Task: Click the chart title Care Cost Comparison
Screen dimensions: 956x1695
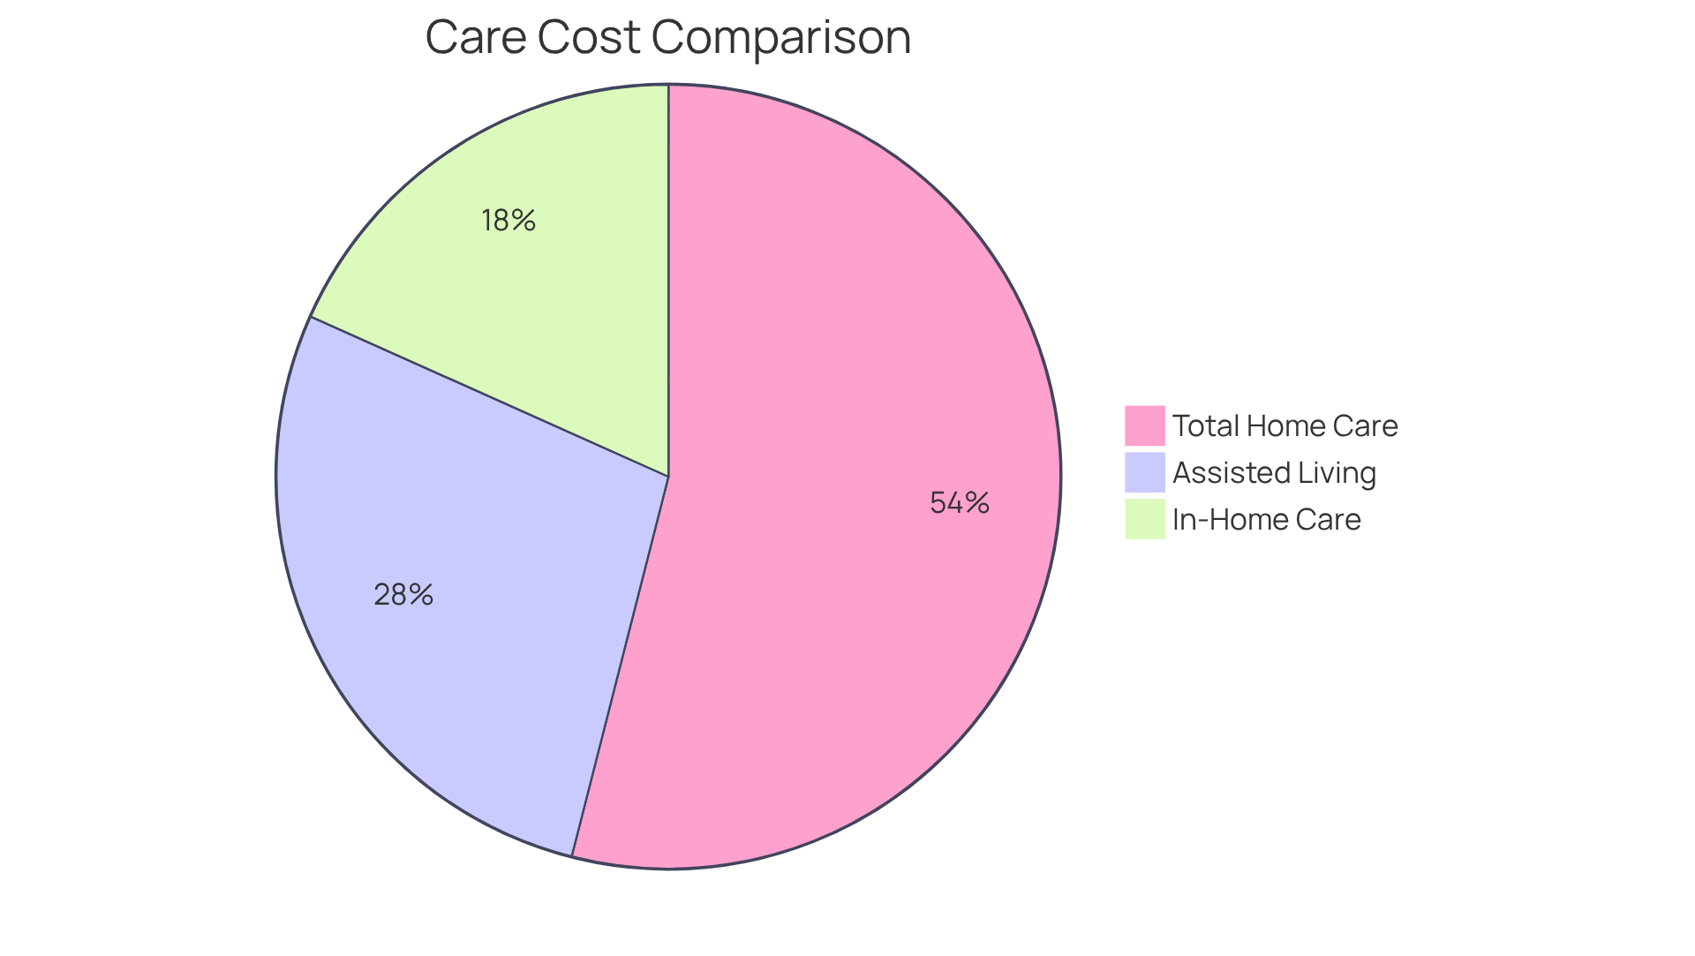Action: [x=667, y=37]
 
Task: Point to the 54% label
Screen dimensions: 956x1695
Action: [x=960, y=503]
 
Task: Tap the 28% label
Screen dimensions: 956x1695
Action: [x=403, y=595]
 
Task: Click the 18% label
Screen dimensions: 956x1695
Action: [x=508, y=221]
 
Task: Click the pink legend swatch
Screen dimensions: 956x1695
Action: [x=1144, y=425]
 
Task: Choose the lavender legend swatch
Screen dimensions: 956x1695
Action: [x=1144, y=472]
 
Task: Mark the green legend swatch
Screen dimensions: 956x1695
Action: [x=1144, y=519]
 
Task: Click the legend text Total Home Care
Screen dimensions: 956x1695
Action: [x=1284, y=426]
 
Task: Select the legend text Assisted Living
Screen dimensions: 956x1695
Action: [x=1274, y=473]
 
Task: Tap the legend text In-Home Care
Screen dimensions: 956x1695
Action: [x=1266, y=520]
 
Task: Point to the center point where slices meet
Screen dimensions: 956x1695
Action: [x=668, y=477]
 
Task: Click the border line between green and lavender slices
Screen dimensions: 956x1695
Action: [x=490, y=396]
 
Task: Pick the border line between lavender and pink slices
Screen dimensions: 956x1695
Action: [x=621, y=666]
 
